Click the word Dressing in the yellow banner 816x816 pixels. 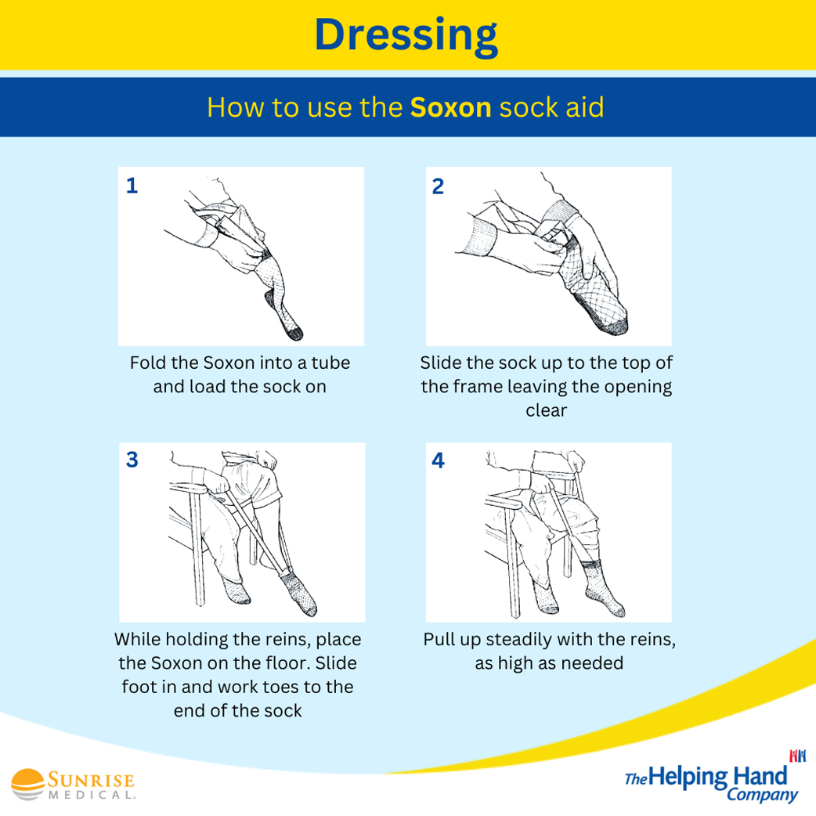pyautogui.click(x=406, y=37)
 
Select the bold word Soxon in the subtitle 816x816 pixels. pyautogui.click(x=450, y=108)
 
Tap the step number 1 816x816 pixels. pyautogui.click(x=132, y=186)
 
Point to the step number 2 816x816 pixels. pyautogui.click(x=438, y=186)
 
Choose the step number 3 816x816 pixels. pyautogui.click(x=132, y=460)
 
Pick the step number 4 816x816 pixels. pyautogui.click(x=439, y=460)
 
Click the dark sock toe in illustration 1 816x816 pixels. pyautogui.click(x=294, y=333)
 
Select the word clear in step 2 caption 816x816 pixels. pyautogui.click(x=546, y=410)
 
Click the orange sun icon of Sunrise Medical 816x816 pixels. pyautogui.click(x=28, y=784)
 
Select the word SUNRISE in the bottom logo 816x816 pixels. pyautogui.click(x=91, y=780)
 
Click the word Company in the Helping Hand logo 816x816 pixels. pyautogui.click(x=762, y=795)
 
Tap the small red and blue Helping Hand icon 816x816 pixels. pyautogui.click(x=797, y=756)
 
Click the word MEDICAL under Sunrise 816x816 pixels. pyautogui.click(x=92, y=795)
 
